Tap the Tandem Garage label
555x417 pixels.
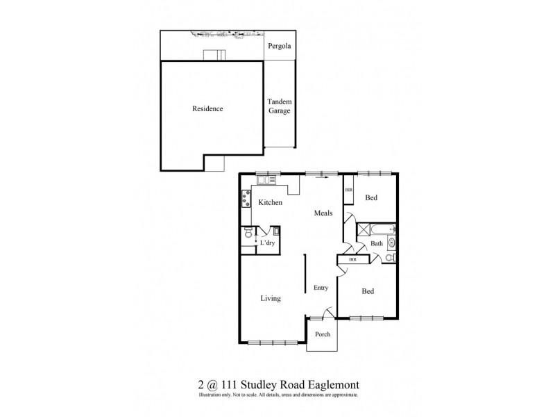click(279, 106)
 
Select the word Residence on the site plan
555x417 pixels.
click(207, 109)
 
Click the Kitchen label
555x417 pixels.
click(271, 202)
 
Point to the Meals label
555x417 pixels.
click(323, 213)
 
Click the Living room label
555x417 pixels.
click(270, 299)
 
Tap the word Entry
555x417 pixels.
click(321, 288)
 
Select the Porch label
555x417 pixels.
click(323, 334)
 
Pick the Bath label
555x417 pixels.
click(377, 244)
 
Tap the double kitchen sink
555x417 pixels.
click(266, 181)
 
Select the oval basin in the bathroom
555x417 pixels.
click(391, 243)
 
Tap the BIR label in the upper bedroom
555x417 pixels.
click(348, 189)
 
